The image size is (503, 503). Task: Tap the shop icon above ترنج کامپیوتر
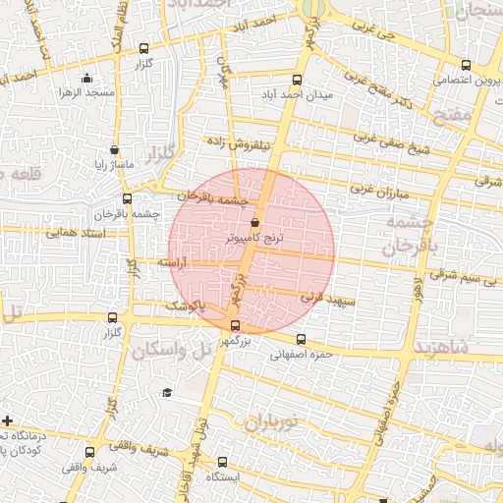click(x=255, y=222)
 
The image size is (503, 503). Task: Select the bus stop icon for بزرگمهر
click(x=234, y=326)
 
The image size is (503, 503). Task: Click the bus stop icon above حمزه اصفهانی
click(x=301, y=340)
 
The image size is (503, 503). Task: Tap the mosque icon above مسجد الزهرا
click(x=87, y=79)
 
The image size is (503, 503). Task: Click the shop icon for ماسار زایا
click(x=116, y=150)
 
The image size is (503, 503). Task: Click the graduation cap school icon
click(x=167, y=393)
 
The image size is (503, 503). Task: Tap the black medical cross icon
click(x=8, y=420)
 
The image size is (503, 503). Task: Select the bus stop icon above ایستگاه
click(x=220, y=462)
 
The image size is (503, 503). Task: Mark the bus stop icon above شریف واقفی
click(x=90, y=453)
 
